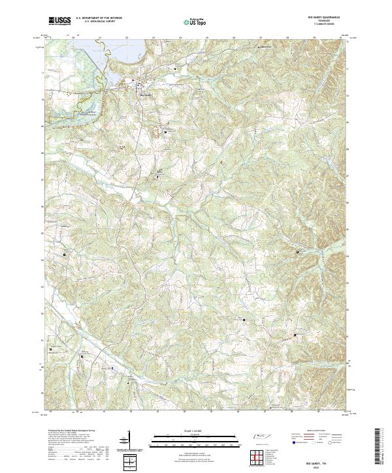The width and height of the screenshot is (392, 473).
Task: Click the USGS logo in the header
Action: click(x=59, y=21)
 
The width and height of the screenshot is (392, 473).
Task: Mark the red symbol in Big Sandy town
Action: click(x=135, y=80)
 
